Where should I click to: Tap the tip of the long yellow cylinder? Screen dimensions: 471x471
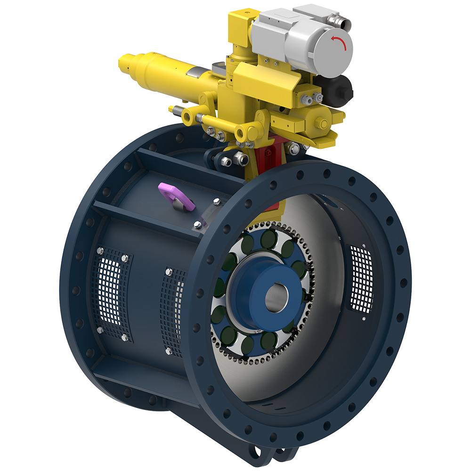[123, 63]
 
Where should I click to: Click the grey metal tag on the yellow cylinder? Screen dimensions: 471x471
[195, 72]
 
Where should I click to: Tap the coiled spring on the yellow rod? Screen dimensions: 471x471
[178, 111]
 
